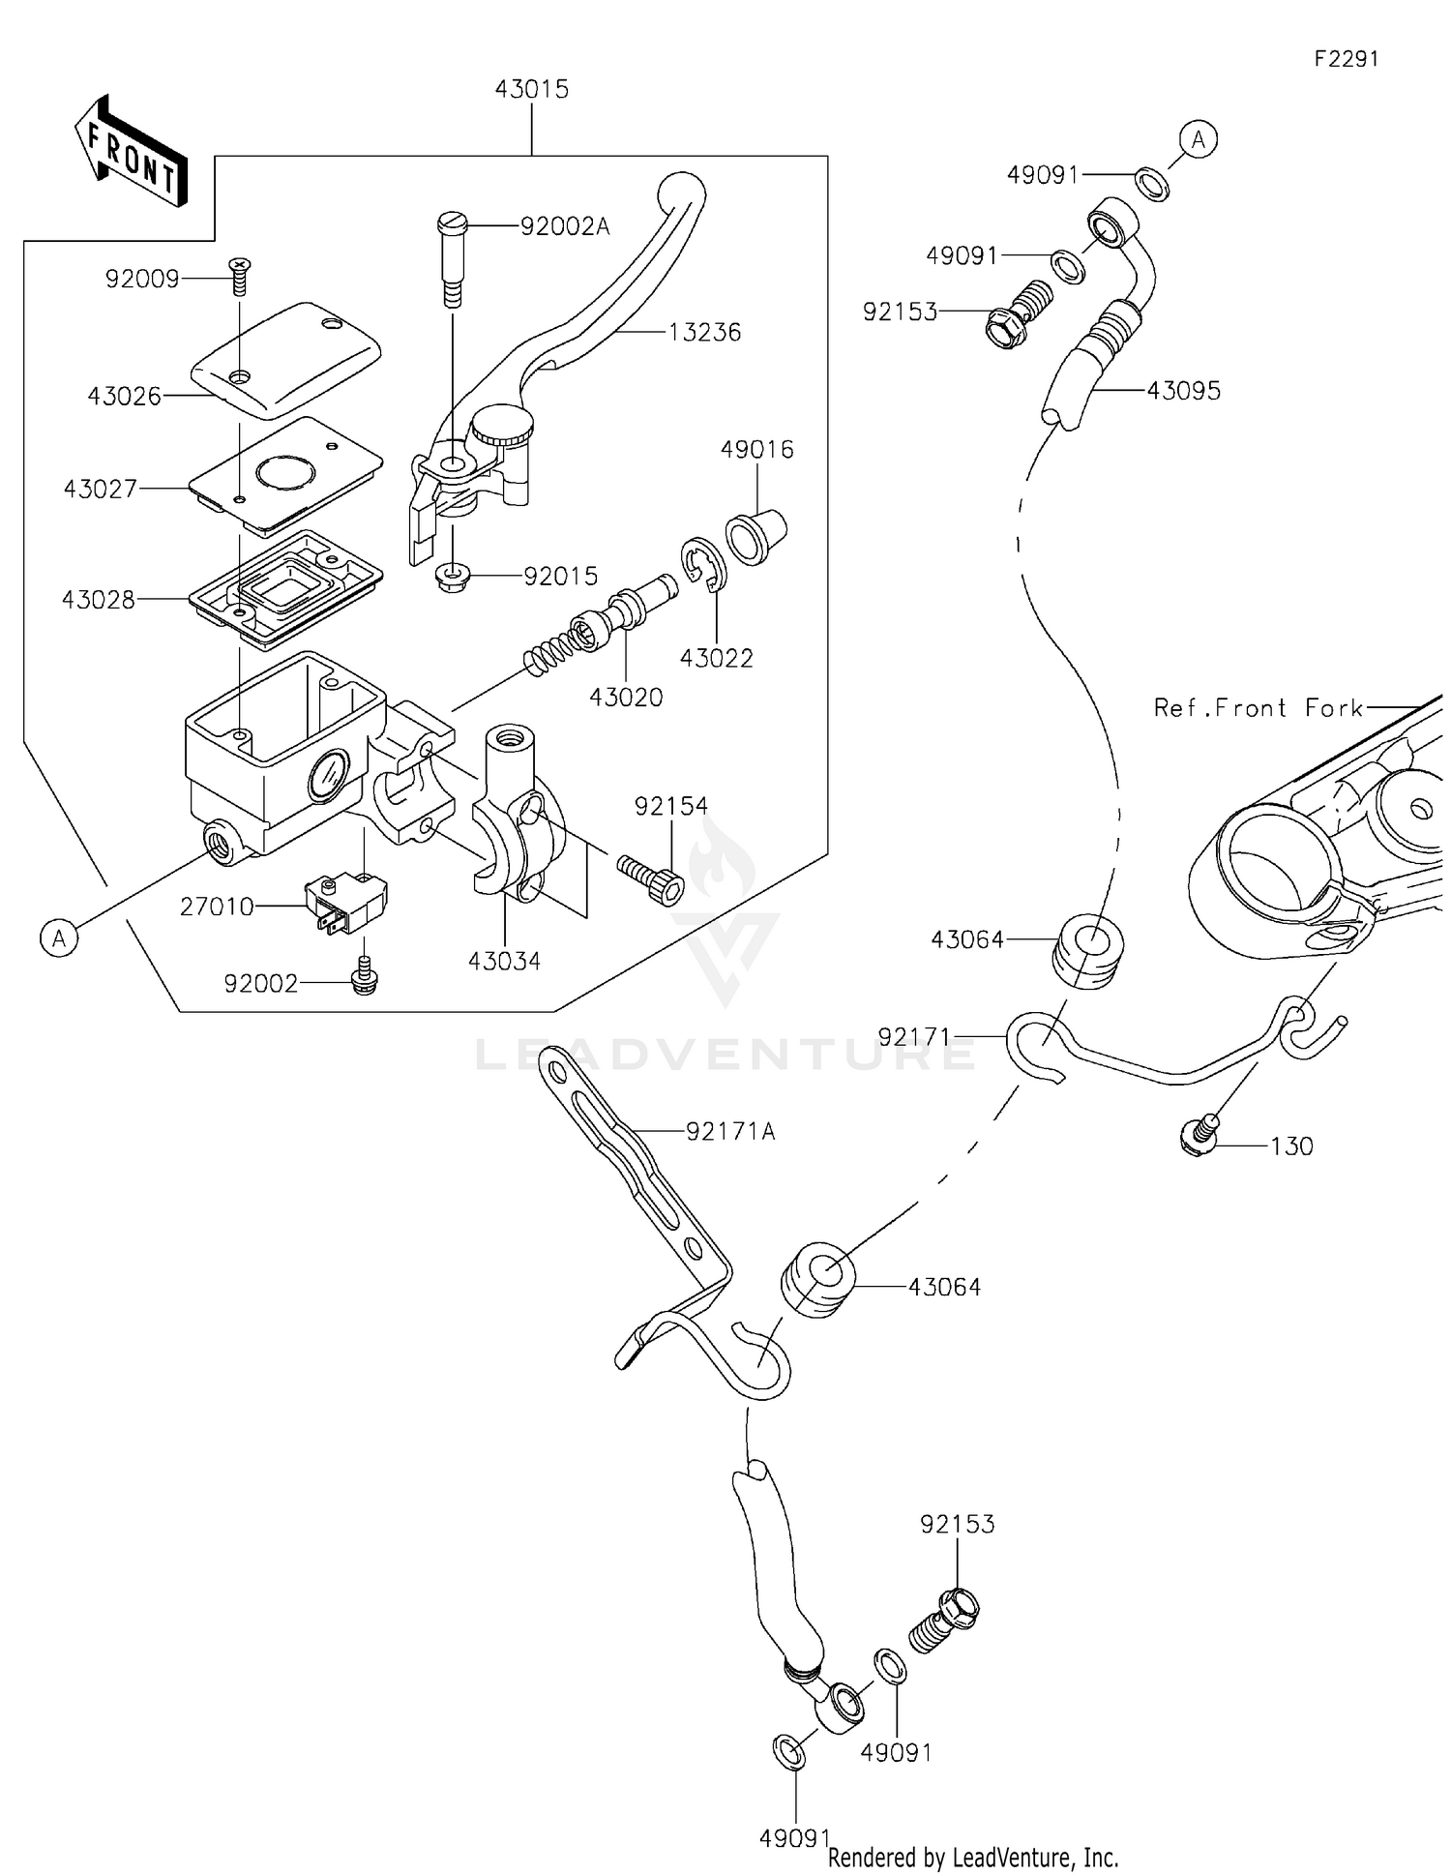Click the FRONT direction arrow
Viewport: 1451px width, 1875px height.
click(x=131, y=152)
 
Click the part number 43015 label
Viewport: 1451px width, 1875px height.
click(x=531, y=89)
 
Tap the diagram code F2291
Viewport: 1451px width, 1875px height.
click(x=1346, y=59)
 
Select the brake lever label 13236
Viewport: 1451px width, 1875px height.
click(x=704, y=332)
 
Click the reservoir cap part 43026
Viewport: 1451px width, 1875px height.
click(x=286, y=360)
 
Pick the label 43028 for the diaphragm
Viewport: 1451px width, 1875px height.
click(x=98, y=600)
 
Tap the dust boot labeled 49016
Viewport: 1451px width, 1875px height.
click(x=755, y=534)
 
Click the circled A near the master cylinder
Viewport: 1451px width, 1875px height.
click(x=60, y=937)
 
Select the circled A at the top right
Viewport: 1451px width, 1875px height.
click(x=1199, y=139)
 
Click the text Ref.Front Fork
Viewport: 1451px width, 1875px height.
click(x=1258, y=708)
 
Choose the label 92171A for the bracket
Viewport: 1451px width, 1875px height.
click(x=730, y=1131)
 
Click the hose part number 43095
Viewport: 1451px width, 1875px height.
click(x=1184, y=391)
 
